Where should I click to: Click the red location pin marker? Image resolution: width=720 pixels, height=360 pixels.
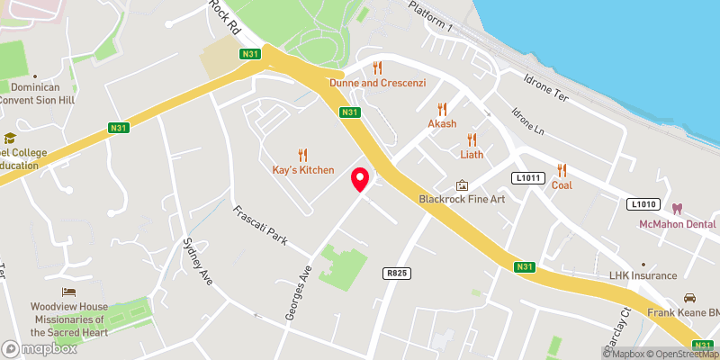[x=360, y=179]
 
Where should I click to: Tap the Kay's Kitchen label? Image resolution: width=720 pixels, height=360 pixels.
[x=303, y=169]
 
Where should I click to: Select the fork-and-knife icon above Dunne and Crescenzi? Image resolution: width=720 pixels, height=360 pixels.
[x=377, y=67]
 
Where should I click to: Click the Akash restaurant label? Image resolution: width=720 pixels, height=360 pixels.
[x=442, y=123]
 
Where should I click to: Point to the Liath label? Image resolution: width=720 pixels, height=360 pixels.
[x=472, y=154]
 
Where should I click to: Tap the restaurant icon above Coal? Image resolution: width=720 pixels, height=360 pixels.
[x=562, y=170]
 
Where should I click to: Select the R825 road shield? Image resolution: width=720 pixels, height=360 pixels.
[x=395, y=271]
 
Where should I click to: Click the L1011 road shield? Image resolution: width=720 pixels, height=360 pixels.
[x=528, y=177]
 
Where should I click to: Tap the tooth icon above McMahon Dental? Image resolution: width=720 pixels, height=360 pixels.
[x=689, y=208]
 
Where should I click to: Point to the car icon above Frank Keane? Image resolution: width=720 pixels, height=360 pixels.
[x=689, y=297]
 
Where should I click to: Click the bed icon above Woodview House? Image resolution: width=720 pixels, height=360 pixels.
[x=69, y=292]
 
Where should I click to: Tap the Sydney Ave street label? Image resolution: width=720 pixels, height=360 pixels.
[x=197, y=262]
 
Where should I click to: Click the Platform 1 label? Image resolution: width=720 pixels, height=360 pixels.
[x=430, y=16]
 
